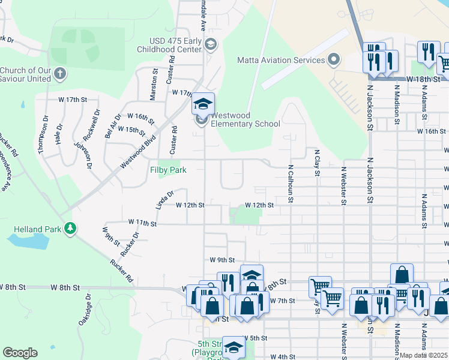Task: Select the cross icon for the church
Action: [x=59, y=74]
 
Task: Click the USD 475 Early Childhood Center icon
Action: [x=210, y=44]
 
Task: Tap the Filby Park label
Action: [x=168, y=170]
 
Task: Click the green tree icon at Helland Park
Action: [x=71, y=228]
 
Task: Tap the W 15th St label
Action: [x=131, y=130]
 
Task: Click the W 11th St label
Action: [x=142, y=223]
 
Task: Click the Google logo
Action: [x=20, y=353]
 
